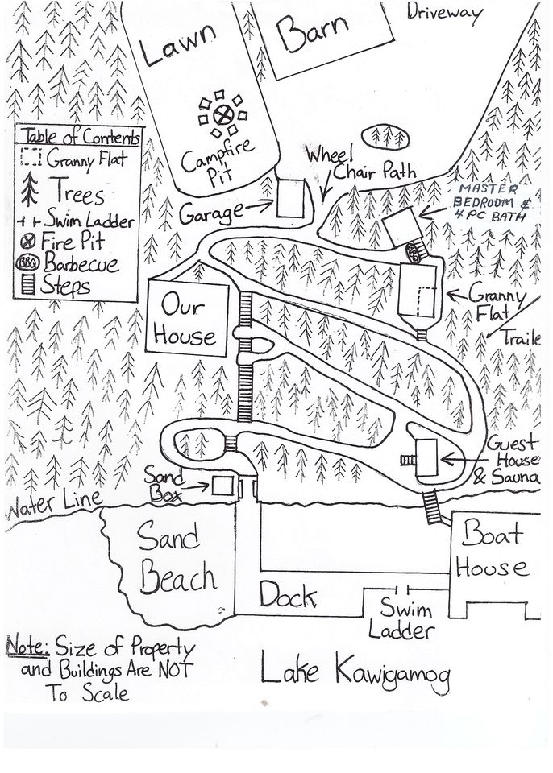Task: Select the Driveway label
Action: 444,12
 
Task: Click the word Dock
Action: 287,595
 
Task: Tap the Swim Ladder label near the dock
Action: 406,618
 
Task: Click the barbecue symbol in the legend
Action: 31,263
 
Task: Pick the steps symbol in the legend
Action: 31,285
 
